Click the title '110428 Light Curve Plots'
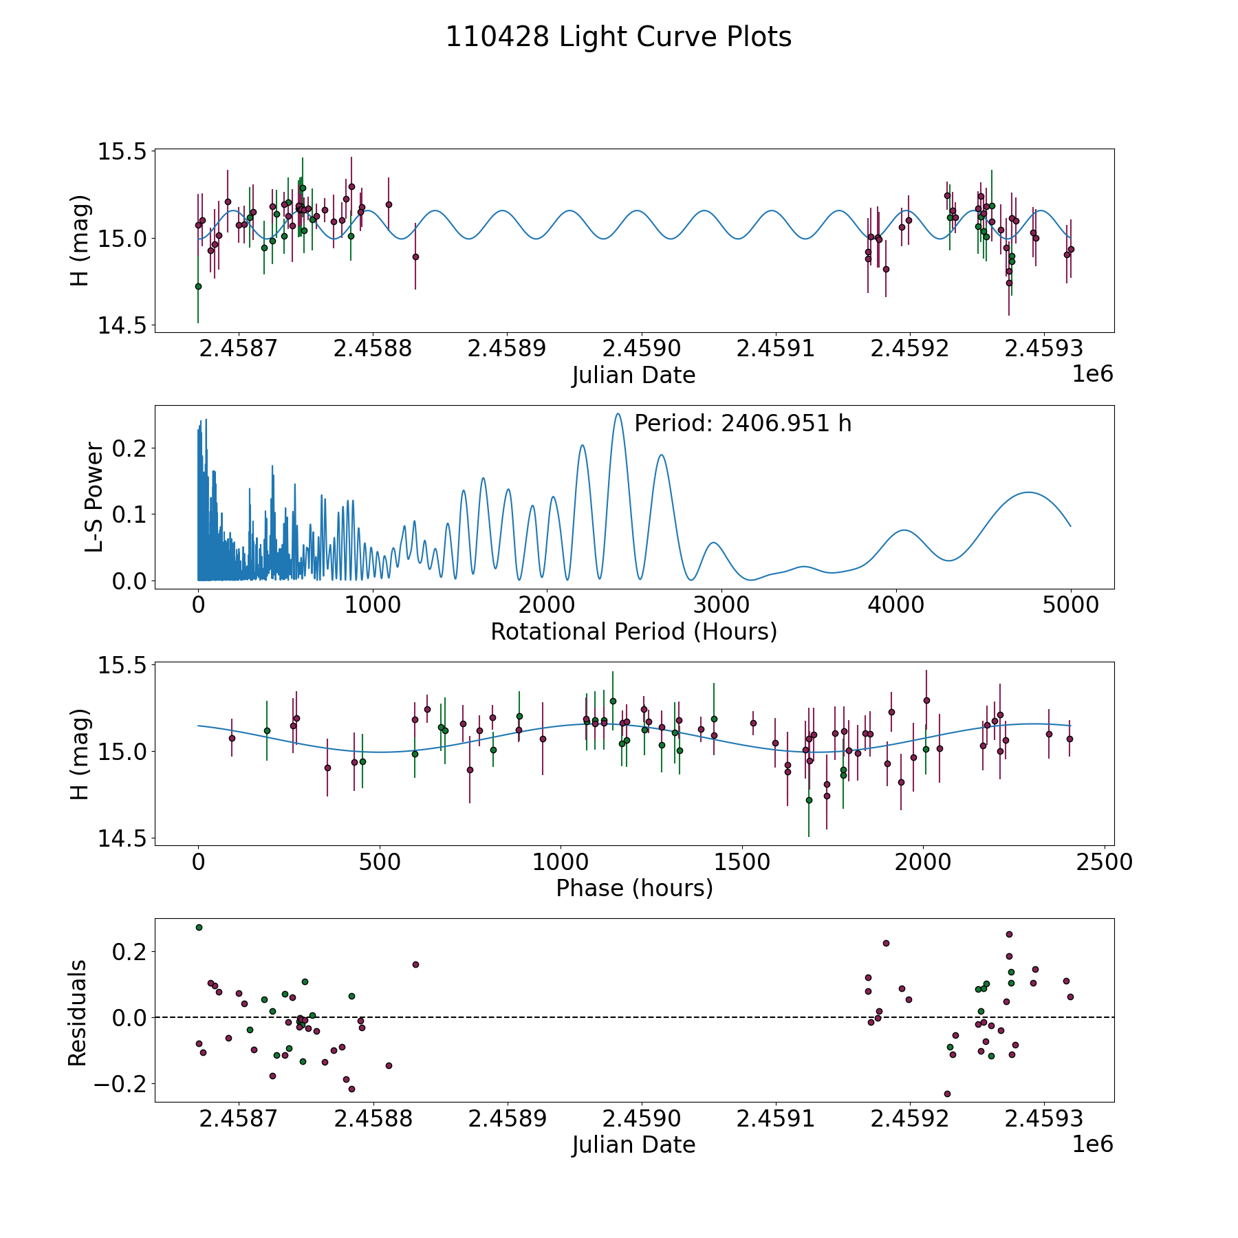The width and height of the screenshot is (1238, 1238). pos(618,37)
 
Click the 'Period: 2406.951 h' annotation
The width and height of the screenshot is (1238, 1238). pos(743,424)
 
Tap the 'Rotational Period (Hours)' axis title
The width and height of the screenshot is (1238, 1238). pos(633,631)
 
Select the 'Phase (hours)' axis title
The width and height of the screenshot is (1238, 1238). pos(634,888)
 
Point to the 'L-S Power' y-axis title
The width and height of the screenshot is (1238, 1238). pos(95,497)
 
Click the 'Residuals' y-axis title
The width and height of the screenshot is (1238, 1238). pos(78,1013)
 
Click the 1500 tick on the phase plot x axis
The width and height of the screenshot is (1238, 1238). pos(741,862)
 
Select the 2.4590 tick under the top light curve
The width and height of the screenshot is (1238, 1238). pos(641,349)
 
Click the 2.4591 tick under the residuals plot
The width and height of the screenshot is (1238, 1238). pos(775,1118)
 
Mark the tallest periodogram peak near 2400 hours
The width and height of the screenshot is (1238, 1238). pos(618,413)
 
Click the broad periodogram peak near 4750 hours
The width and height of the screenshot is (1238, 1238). pos(1028,492)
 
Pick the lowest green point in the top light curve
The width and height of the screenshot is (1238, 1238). pos(198,286)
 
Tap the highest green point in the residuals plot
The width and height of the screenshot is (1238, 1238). pos(199,927)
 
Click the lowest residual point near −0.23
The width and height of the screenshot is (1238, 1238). pos(947,1094)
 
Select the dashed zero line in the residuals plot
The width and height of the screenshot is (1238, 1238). pos(634,1017)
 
